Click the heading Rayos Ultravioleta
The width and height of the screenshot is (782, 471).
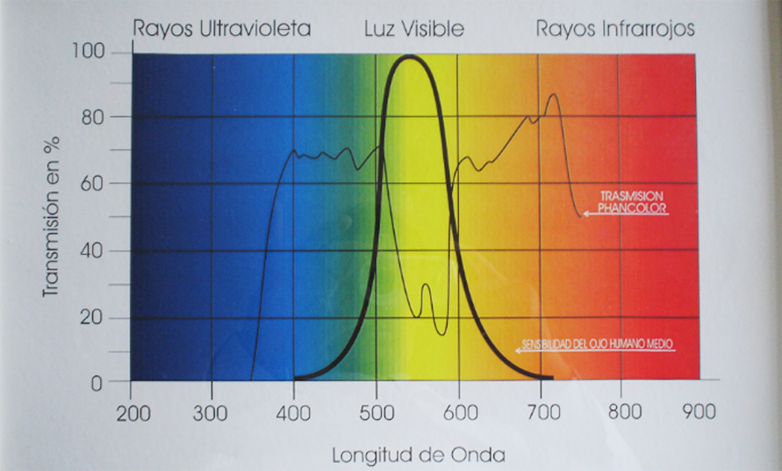pos(222,29)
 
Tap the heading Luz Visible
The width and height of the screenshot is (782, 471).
pos(413,29)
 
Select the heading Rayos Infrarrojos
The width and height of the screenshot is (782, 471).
pos(615,29)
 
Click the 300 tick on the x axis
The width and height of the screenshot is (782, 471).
pos(211,411)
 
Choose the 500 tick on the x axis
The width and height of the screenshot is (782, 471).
pos(376,411)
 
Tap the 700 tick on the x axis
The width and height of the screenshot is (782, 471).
pos(540,411)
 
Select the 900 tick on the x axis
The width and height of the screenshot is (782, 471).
pos(699,411)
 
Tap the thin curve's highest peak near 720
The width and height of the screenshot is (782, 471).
pos(553,94)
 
